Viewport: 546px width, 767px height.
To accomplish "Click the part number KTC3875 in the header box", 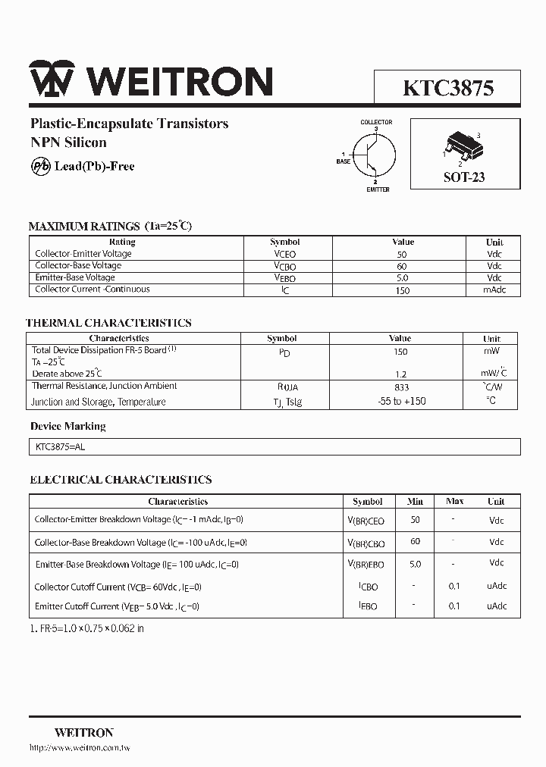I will pos(448,88).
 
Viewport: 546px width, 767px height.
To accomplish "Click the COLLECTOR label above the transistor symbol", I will pos(376,122).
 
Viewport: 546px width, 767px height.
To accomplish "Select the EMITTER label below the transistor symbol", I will pos(378,189).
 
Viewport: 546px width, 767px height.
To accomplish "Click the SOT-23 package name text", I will pos(464,177).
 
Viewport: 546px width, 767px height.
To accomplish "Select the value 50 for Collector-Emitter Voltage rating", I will pos(401,255).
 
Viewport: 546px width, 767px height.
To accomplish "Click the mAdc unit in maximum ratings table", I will pos(494,290).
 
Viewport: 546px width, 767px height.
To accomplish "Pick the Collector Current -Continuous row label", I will pos(93,290).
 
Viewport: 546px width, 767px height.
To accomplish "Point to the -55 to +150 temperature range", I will pos(401,402).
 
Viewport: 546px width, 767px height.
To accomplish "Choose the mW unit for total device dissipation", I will pos(492,351).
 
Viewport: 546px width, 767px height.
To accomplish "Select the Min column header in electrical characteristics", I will pos(415,502).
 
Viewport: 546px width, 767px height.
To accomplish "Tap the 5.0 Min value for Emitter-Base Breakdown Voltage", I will pos(415,564).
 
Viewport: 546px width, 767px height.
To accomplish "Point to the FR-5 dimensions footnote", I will pos(86,628).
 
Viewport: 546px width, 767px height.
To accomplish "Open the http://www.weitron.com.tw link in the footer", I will pos(80,749).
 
